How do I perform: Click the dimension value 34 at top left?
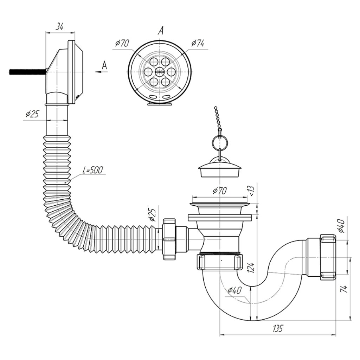(59, 27)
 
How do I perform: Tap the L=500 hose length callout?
(93, 170)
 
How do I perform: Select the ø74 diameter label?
(198, 43)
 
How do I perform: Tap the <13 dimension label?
(251, 191)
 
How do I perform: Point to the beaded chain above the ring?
(218, 119)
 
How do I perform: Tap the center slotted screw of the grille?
(160, 71)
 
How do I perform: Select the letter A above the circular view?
(161, 31)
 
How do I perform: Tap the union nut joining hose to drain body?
(169, 239)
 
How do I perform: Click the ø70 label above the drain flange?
(220, 191)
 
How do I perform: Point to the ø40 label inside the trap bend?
(234, 291)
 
